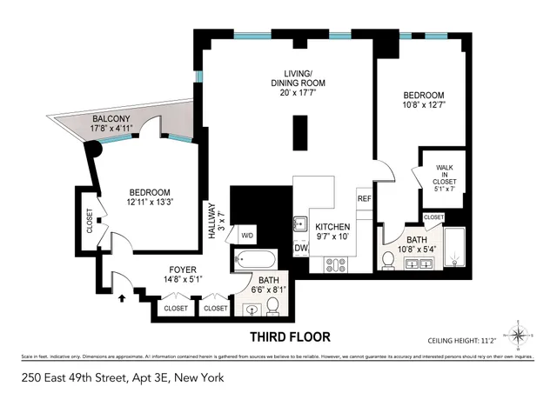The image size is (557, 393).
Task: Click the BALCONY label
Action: [x=111, y=119]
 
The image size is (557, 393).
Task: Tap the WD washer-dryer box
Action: [x=246, y=236]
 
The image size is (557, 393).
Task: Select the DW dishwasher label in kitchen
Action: [x=301, y=248]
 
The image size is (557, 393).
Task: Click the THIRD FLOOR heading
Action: [x=290, y=336]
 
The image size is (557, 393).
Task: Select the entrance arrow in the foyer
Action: [x=121, y=297]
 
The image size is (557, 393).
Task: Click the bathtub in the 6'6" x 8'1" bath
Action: [x=255, y=259]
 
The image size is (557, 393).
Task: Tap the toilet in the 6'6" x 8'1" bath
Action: [x=272, y=305]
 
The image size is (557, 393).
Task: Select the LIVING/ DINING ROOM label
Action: [x=298, y=78]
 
